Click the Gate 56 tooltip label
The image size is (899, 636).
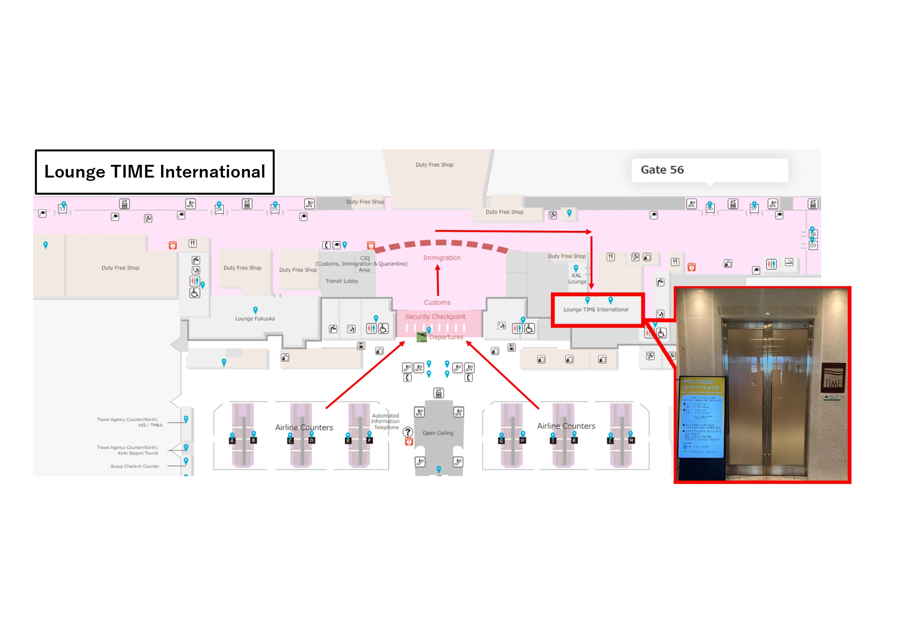(662, 170)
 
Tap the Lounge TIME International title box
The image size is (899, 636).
(155, 172)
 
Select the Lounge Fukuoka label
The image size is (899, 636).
(255, 319)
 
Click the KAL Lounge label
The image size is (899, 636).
(577, 278)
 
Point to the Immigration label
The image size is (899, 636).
(442, 258)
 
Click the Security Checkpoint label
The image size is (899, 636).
(435, 317)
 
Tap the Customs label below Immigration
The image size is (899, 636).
(437, 303)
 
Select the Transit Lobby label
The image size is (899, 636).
(341, 281)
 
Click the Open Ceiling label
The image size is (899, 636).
(438, 433)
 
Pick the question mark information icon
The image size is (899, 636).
(407, 432)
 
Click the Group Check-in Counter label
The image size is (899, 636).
(134, 466)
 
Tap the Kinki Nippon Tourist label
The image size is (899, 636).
(138, 453)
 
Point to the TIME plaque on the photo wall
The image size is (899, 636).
(833, 378)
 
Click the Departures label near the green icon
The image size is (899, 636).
(446, 337)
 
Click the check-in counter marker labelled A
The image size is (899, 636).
(232, 440)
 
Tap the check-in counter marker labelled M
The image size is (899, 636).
(631, 440)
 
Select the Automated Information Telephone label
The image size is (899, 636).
(385, 422)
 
